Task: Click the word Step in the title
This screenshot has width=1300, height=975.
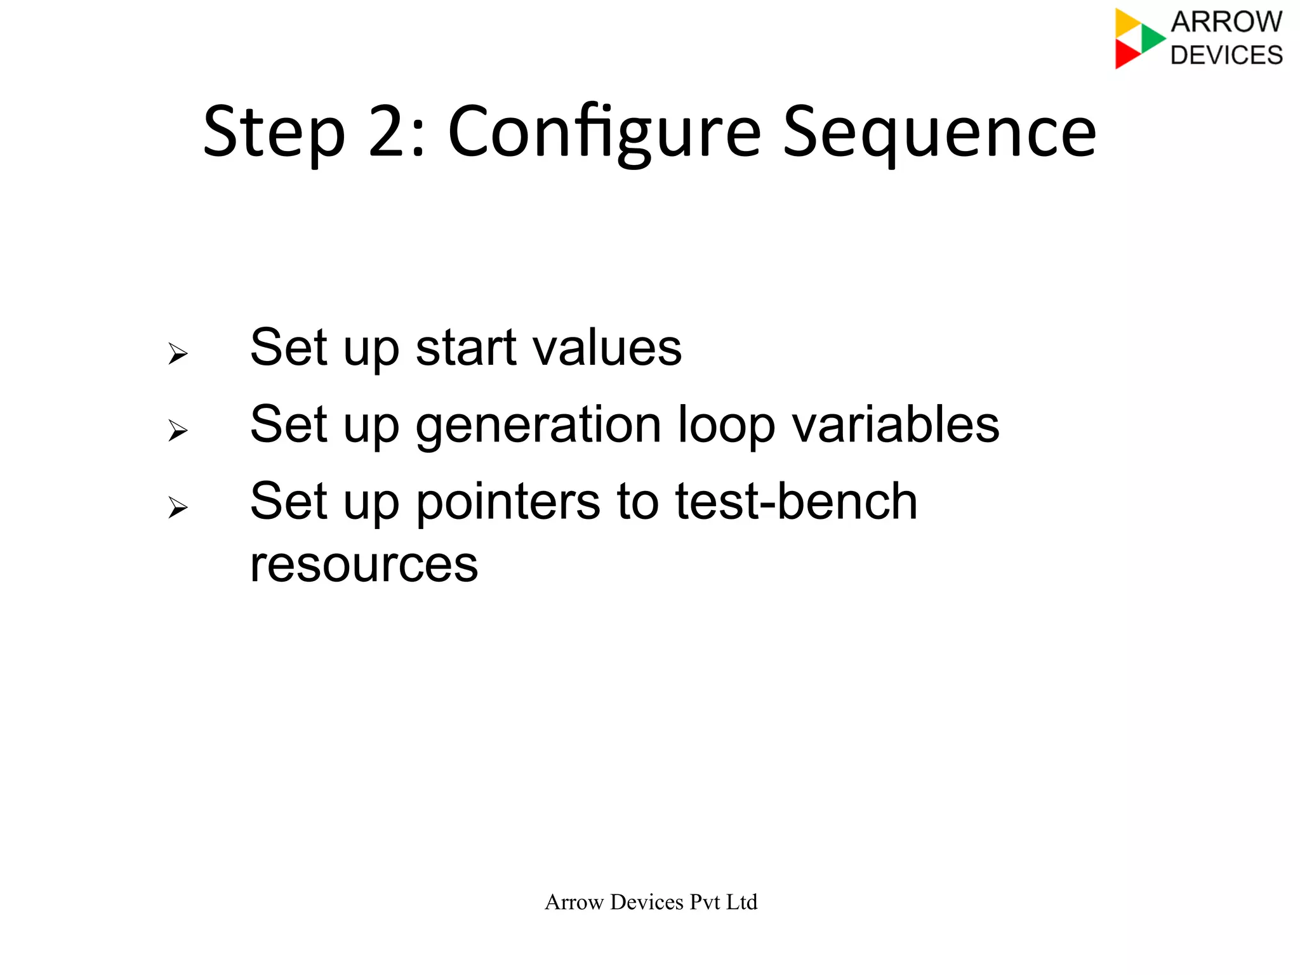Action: (x=274, y=133)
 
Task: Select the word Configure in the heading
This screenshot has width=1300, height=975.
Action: (x=604, y=133)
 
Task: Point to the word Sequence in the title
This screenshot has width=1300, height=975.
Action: (x=939, y=133)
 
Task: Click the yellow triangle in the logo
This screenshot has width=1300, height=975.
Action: (x=1127, y=23)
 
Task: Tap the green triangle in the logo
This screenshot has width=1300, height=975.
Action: (x=1151, y=39)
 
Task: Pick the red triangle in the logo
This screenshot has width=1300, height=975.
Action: (x=1126, y=55)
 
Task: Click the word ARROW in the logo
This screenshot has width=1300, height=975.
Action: (x=1226, y=22)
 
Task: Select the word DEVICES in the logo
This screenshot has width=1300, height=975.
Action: (x=1226, y=55)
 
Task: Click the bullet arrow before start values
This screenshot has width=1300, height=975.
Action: (x=178, y=353)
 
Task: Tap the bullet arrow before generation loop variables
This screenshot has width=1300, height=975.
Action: (x=178, y=431)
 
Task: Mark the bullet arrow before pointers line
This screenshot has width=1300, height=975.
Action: (x=178, y=507)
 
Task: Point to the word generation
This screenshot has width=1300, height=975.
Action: (x=539, y=425)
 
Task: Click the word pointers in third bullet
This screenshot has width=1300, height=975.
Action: (x=508, y=502)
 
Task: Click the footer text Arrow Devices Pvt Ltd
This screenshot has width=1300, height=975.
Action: (x=651, y=902)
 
